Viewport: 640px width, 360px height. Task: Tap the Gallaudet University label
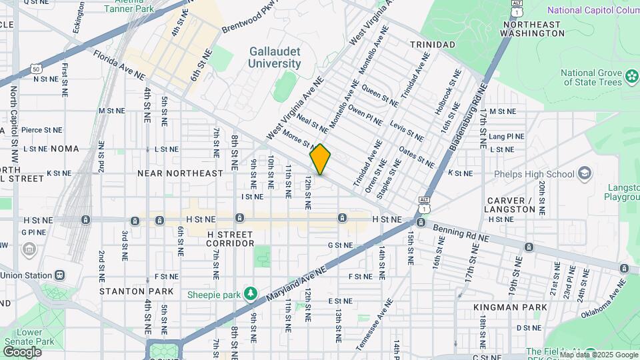click(x=274, y=57)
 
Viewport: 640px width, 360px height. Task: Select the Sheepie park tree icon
click(x=251, y=293)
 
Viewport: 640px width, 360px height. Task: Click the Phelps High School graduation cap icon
click(x=585, y=174)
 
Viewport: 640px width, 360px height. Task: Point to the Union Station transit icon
click(x=61, y=275)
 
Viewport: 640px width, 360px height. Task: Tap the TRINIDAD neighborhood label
click(x=432, y=45)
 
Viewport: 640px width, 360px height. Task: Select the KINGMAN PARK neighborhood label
click(x=510, y=307)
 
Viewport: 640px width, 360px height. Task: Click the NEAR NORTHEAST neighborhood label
click(x=180, y=173)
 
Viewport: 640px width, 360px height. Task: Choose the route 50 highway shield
click(x=36, y=69)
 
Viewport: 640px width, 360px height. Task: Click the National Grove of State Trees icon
click(x=632, y=77)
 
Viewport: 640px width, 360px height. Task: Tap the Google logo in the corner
click(x=22, y=351)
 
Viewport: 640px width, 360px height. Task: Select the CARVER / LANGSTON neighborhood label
click(x=511, y=205)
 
